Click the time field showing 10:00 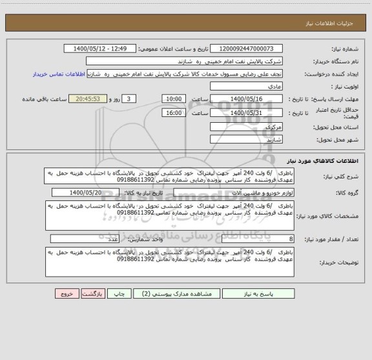coord(173,99)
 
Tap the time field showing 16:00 coord(173,112)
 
